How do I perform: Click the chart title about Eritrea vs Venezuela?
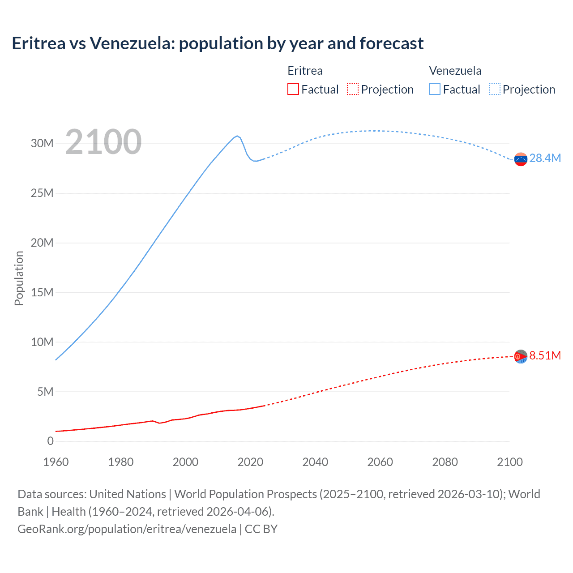pos(218,43)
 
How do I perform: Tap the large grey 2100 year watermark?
pos(103,142)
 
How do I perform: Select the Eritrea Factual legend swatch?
pos(293,89)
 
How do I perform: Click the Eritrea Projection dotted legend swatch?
pos(353,89)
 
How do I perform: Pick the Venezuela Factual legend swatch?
pos(434,89)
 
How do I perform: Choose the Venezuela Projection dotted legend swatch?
pos(494,89)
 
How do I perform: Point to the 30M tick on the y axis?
pos(42,144)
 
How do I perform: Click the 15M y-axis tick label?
pos(42,292)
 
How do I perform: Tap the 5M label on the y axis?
pos(45,392)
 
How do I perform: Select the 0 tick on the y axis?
pos(50,441)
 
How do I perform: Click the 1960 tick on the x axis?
pos(56,462)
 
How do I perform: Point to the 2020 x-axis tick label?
pos(250,462)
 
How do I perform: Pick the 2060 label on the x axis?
pos(380,462)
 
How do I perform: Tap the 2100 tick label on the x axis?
pos(509,462)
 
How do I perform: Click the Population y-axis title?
pos(19,278)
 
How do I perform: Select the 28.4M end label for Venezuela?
pos(545,158)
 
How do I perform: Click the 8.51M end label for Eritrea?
pos(545,355)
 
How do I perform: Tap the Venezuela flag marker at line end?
pos(521,159)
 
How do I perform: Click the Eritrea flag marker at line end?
pos(521,356)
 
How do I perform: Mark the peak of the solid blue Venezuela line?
pos(237,136)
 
